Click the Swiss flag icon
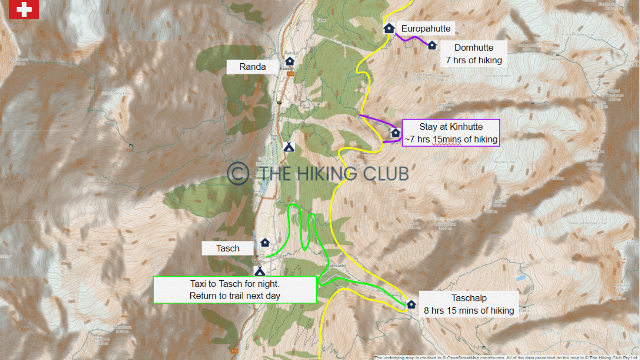click(x=24, y=9)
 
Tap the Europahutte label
click(x=426, y=29)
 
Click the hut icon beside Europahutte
click(x=388, y=29)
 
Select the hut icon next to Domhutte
click(x=432, y=45)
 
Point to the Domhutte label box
click(x=474, y=53)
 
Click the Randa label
click(x=253, y=67)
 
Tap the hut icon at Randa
click(x=290, y=61)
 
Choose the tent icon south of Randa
click(x=289, y=147)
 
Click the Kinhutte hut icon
click(x=395, y=133)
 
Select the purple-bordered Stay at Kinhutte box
click(x=451, y=133)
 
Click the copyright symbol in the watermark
click(x=238, y=173)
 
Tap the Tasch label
click(x=228, y=248)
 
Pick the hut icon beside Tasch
click(x=265, y=243)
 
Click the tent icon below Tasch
click(x=259, y=271)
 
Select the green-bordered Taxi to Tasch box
click(x=235, y=290)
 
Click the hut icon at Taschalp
click(x=411, y=304)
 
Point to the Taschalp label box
click(x=469, y=304)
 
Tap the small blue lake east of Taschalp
click(x=521, y=277)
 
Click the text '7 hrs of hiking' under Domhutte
click(x=474, y=60)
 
